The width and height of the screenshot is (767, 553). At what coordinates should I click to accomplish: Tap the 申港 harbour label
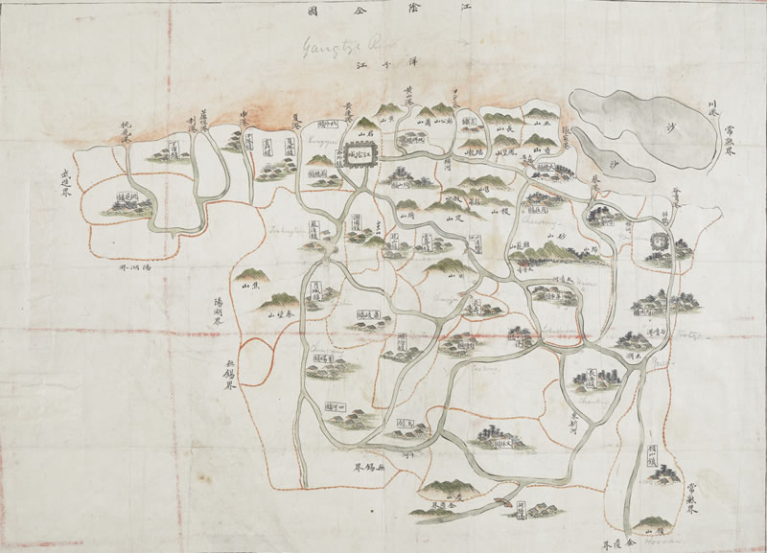pos(248,122)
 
